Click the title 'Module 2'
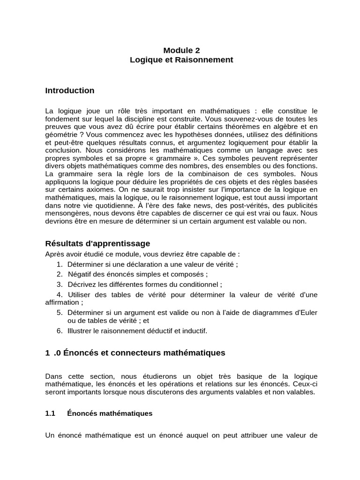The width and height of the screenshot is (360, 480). pos(181,50)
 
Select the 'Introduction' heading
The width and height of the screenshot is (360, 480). pos(70,90)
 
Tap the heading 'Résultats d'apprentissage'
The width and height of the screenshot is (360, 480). pos(97,243)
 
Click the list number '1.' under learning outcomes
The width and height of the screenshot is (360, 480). pos(60,264)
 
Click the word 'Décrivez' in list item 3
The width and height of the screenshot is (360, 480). pos(82,284)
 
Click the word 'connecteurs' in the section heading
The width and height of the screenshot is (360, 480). pos(128,352)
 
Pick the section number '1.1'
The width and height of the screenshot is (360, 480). pos(50,413)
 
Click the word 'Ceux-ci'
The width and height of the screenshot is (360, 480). pos(307,384)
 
